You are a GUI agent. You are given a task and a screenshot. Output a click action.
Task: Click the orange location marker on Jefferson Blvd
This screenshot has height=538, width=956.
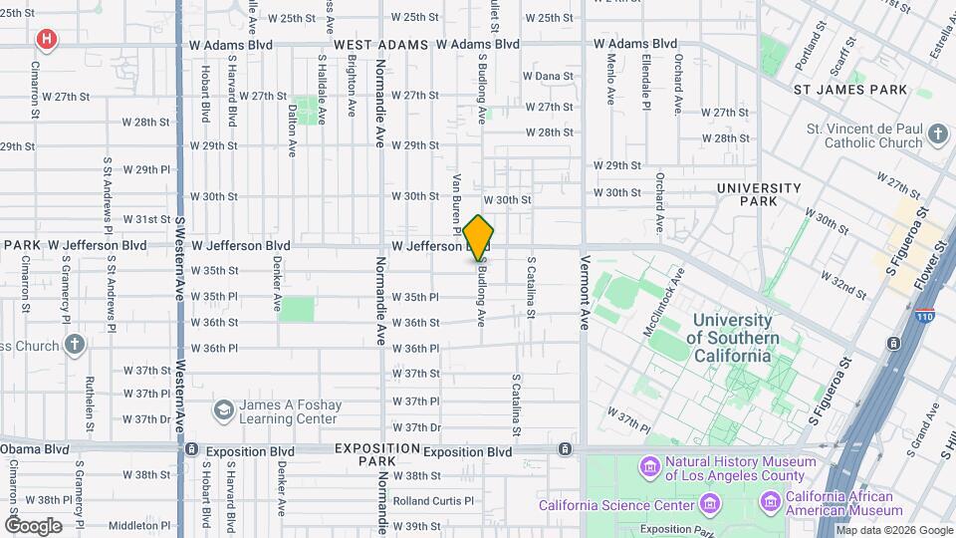point(479,236)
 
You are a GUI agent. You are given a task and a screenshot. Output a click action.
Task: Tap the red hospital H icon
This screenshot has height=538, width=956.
point(46,40)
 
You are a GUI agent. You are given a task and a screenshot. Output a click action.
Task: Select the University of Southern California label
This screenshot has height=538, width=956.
point(732,338)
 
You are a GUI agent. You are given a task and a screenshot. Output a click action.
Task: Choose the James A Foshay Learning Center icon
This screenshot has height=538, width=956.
point(223,410)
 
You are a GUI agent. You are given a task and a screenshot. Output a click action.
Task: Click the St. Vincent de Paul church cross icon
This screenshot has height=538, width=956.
point(937,134)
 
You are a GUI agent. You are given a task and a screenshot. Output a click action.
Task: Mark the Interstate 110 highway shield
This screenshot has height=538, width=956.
point(923,317)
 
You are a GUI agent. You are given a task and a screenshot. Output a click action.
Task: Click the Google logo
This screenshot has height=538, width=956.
point(33,525)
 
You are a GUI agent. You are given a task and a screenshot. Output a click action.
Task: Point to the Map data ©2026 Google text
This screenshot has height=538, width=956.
point(893,530)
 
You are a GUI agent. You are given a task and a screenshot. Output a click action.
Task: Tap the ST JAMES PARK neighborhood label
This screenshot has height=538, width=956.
point(849,90)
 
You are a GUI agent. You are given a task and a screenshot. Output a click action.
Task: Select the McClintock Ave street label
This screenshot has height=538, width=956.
point(664,300)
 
